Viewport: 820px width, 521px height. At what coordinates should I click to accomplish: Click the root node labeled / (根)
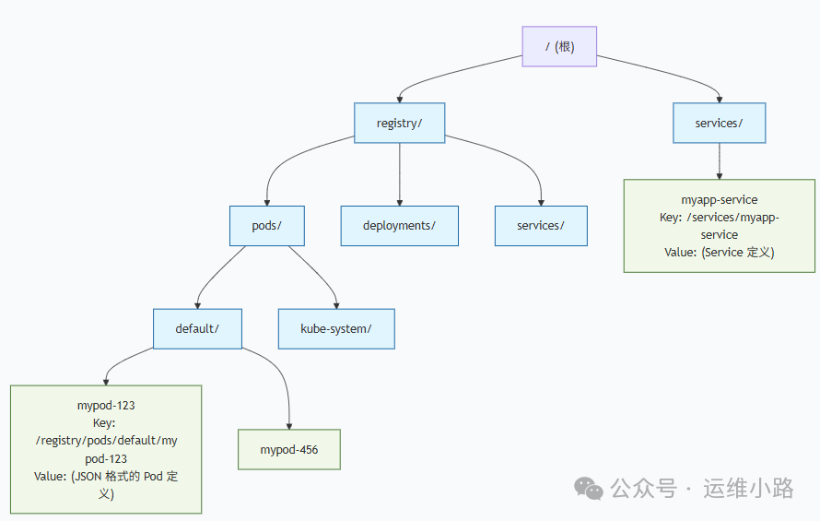[559, 46]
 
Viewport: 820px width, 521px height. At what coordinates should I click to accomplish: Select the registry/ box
[399, 123]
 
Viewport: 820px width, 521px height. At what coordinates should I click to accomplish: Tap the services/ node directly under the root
[719, 123]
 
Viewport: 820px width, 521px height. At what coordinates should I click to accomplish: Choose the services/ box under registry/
[541, 226]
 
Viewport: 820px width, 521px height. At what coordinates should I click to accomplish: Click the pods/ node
[266, 226]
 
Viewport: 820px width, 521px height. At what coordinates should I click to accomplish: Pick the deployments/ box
[399, 226]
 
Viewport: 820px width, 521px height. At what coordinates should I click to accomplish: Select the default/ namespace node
[197, 328]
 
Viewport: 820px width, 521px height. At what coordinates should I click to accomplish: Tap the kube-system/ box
[336, 328]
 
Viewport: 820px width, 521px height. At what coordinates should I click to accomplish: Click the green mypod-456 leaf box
[289, 450]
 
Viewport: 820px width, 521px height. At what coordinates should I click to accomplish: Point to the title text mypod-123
[106, 406]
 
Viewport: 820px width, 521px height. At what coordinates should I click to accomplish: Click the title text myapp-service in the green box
[719, 199]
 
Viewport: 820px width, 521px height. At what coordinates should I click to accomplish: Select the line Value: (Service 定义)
[719, 252]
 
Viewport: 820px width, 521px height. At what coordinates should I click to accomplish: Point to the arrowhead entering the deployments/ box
[399, 201]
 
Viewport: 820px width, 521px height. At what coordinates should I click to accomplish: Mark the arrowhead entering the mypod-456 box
[289, 425]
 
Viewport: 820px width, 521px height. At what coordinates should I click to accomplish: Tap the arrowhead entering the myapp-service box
[719, 174]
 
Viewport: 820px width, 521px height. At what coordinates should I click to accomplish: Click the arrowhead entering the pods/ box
[266, 201]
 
